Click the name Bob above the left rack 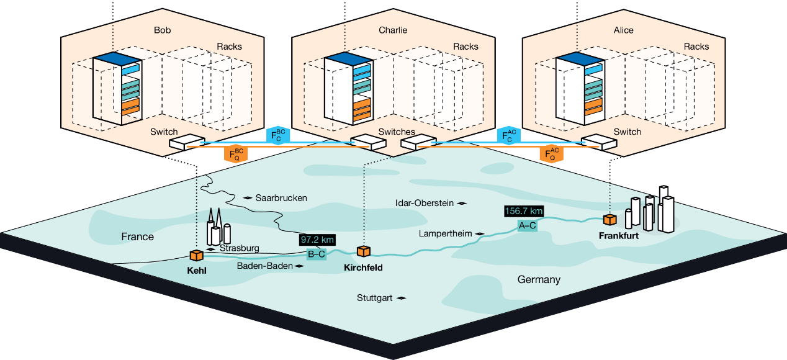[x=162, y=30]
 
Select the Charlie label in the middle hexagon [x=393, y=30]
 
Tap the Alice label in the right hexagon [x=623, y=30]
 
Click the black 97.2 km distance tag [x=318, y=240]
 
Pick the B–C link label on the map [x=317, y=254]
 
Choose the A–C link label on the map [x=528, y=227]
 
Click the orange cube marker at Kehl [x=197, y=256]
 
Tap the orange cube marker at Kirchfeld [x=364, y=251]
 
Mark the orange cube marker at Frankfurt [x=609, y=219]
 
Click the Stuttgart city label [x=375, y=298]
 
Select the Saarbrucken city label [x=281, y=198]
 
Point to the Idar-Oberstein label [x=425, y=203]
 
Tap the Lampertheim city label [x=446, y=233]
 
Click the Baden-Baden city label [x=264, y=266]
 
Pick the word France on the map [x=138, y=237]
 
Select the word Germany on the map [x=539, y=280]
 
